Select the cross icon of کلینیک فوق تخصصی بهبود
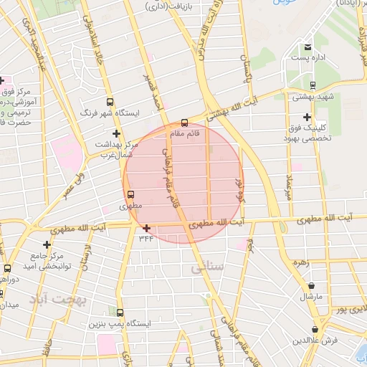308,117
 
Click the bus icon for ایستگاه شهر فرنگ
110,102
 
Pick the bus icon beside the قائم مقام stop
184,123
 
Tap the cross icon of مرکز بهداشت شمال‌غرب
116,133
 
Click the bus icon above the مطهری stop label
130,194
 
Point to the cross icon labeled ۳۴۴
146,228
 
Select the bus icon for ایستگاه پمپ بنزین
119,313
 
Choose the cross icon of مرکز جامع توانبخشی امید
47,244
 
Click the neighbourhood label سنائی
208,267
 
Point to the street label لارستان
87,256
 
